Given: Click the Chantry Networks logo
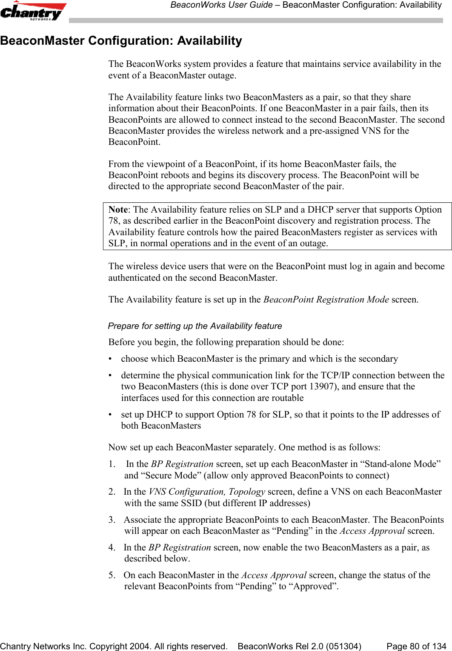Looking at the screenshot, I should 33,11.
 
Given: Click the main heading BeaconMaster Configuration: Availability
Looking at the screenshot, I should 121,41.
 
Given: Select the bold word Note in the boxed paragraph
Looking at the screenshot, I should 118,210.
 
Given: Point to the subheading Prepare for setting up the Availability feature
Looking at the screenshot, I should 195,326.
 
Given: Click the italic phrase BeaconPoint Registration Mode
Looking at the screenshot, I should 326,300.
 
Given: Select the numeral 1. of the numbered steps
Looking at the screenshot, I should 111,464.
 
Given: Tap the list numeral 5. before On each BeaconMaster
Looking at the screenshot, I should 112,575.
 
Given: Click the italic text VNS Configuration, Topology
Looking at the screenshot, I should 207,492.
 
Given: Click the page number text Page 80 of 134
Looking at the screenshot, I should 416,646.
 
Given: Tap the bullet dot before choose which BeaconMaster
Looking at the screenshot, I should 112,359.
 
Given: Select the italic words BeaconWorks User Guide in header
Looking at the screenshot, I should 221,5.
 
